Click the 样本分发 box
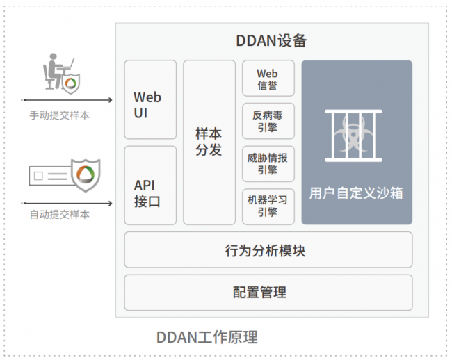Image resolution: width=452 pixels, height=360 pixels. point(209,142)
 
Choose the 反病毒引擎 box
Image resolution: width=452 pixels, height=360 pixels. point(268,121)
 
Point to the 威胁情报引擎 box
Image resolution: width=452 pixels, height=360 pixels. point(268,163)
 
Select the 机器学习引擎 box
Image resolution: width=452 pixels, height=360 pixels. point(268,206)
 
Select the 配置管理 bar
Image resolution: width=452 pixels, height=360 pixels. point(268,293)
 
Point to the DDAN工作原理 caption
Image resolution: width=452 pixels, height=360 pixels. point(207,338)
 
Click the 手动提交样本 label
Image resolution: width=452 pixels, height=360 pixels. point(59,115)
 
